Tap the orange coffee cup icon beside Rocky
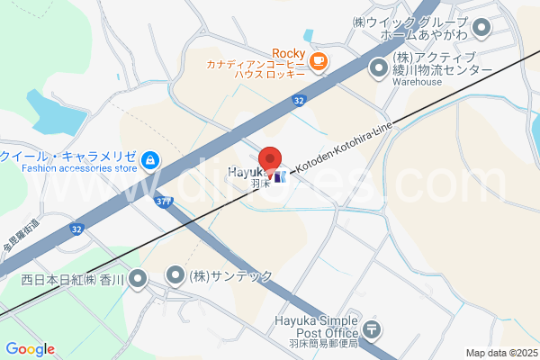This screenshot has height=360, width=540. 319,60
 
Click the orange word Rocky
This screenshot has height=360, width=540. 290,53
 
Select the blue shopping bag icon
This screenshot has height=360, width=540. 149,162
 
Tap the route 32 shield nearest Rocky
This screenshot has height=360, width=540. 299,103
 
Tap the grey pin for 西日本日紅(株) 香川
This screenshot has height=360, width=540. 137,279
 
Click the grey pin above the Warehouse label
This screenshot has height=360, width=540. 378,67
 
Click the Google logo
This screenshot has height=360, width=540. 30,349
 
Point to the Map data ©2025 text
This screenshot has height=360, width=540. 501,353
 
